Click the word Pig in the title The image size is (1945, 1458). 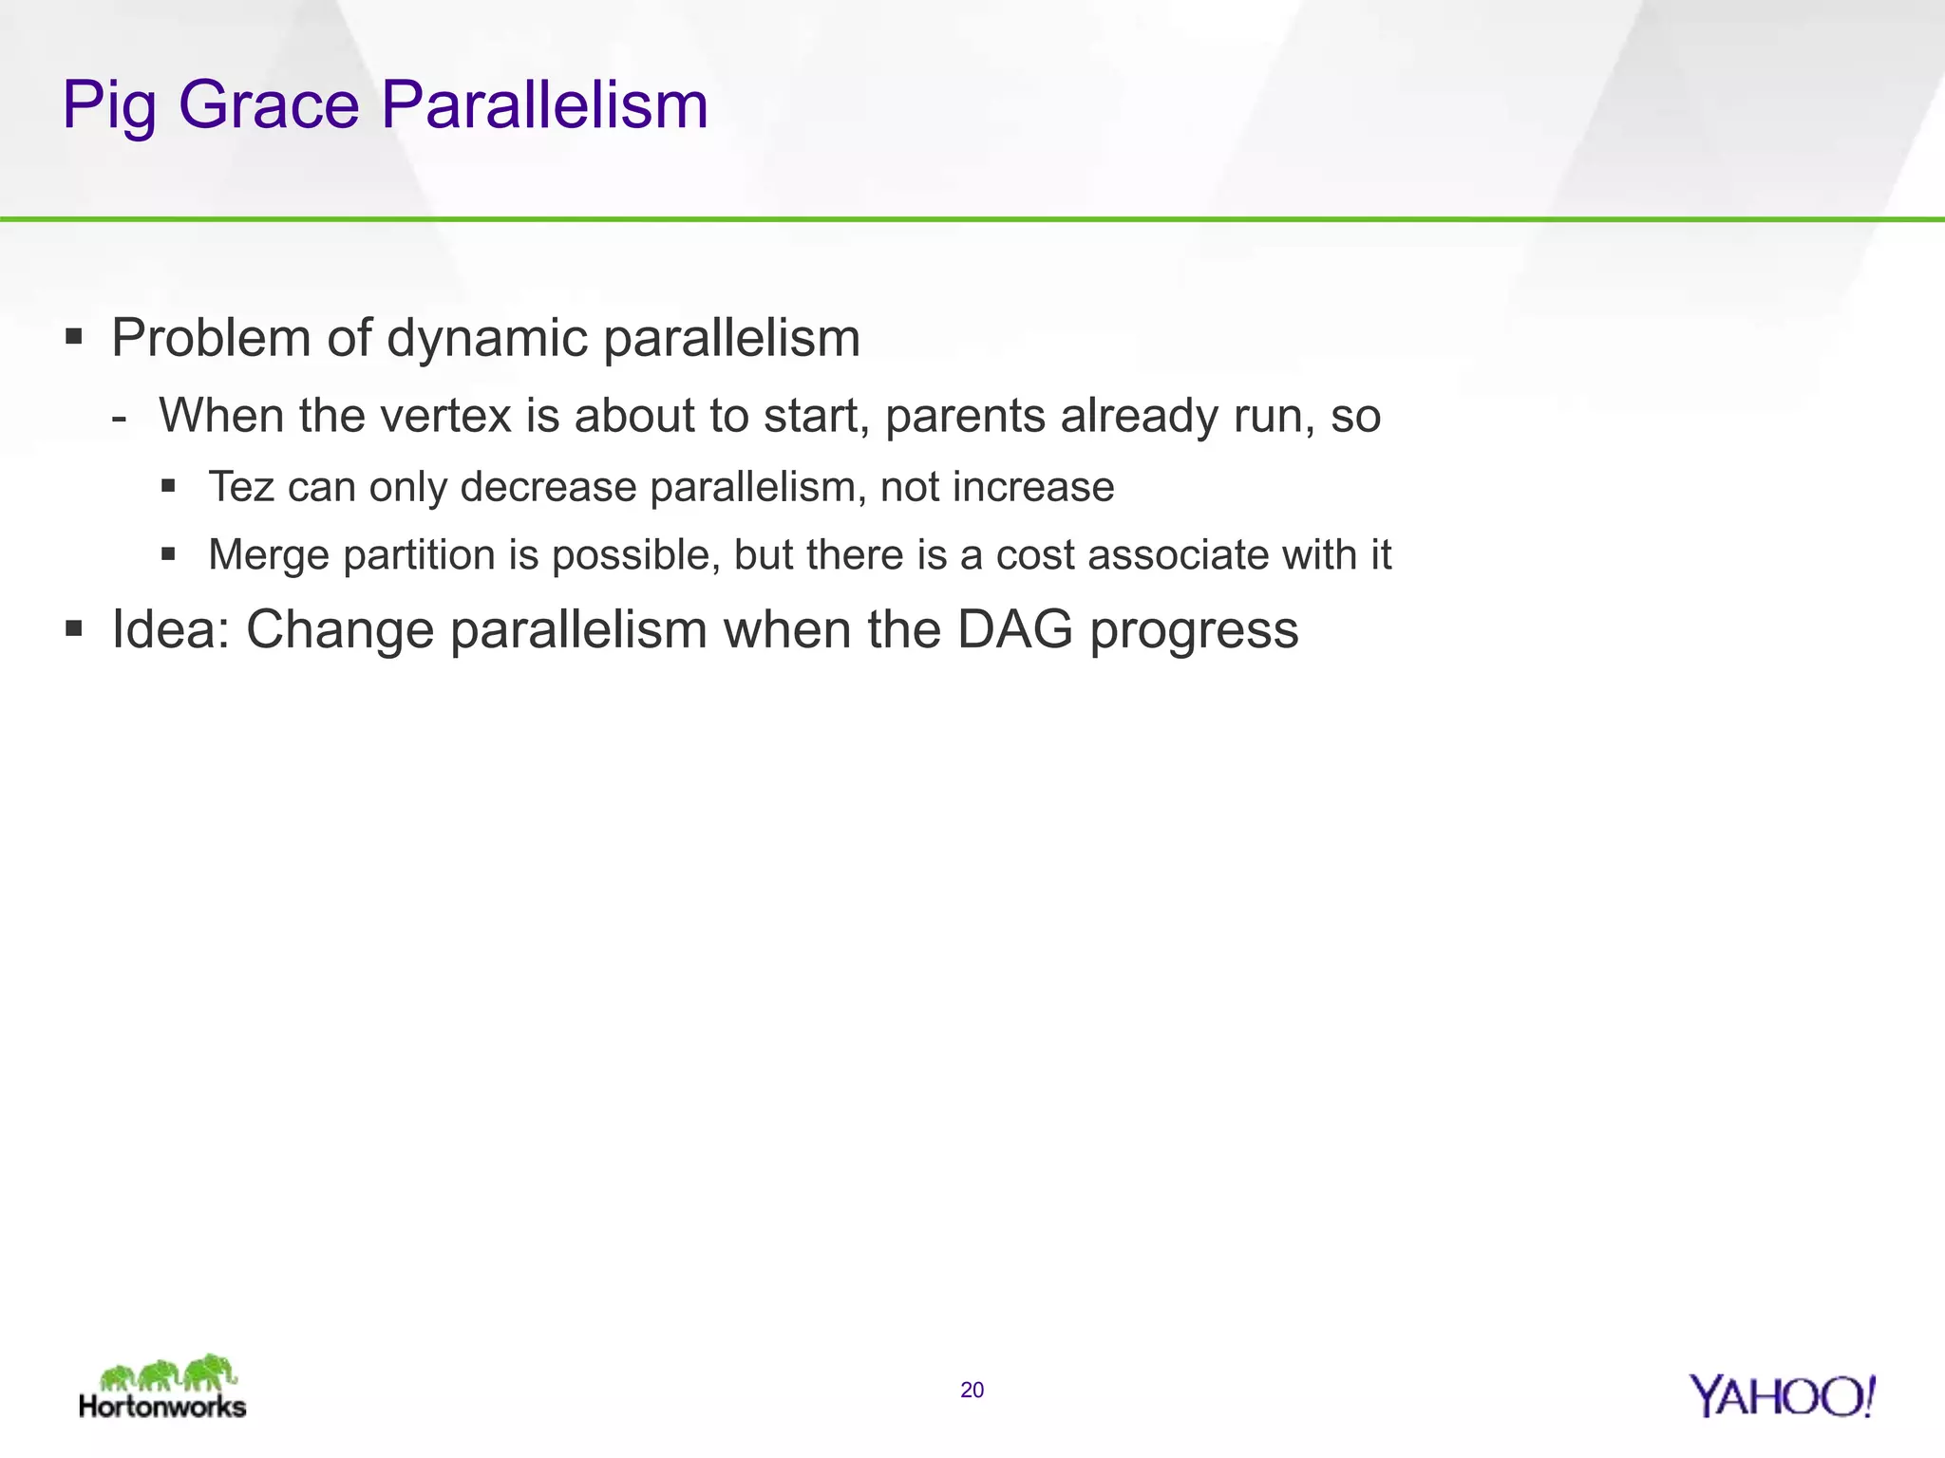(x=107, y=106)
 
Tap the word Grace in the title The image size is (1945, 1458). (x=269, y=104)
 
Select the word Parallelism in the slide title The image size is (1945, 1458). (x=544, y=104)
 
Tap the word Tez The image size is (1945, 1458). (x=241, y=487)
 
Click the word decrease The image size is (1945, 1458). (x=548, y=487)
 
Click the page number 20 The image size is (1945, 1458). (x=972, y=1391)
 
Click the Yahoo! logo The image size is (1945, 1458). (x=1782, y=1396)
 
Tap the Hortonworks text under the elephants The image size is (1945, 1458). (x=162, y=1406)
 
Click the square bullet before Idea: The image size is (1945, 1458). (x=74, y=627)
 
